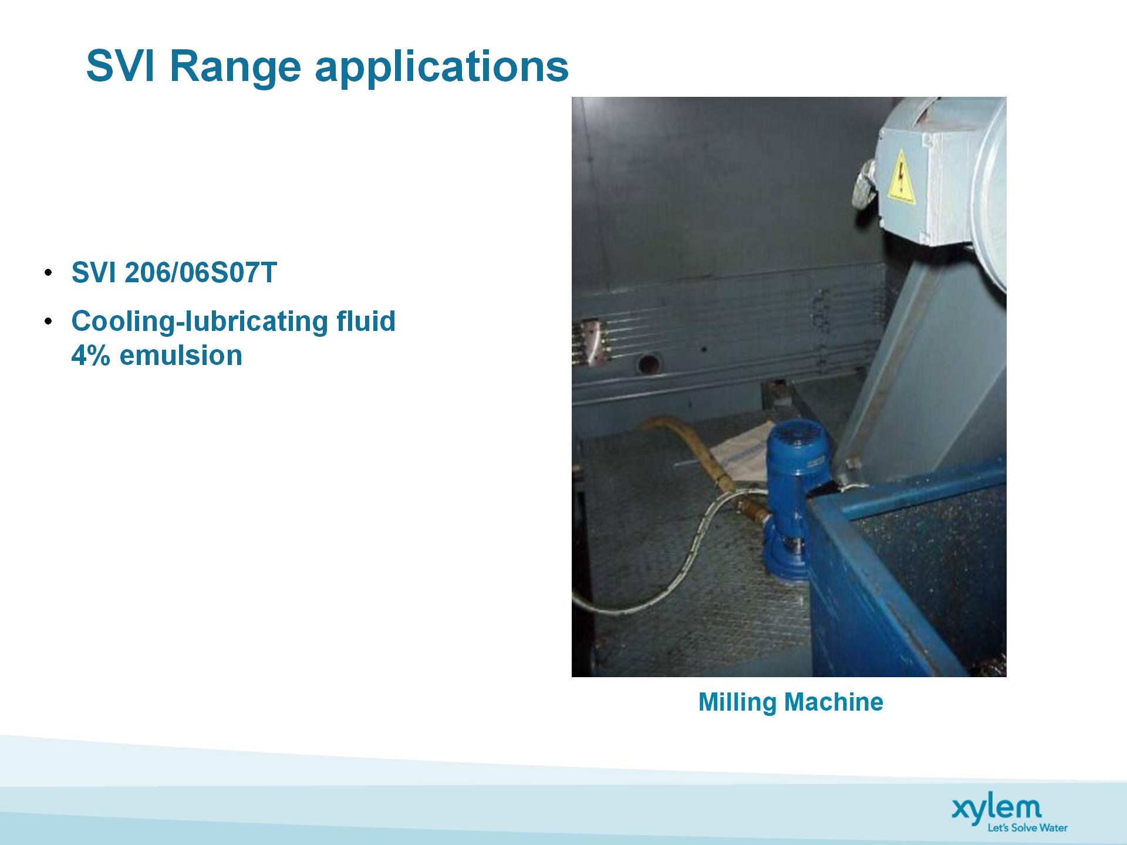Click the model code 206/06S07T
point(201,273)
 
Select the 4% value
point(90,355)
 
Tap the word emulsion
point(181,355)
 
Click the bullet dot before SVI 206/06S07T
point(48,273)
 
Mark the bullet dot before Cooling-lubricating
point(48,321)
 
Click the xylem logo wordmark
point(996,809)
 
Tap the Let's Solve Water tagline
point(1027,828)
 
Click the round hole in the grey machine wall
point(648,364)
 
